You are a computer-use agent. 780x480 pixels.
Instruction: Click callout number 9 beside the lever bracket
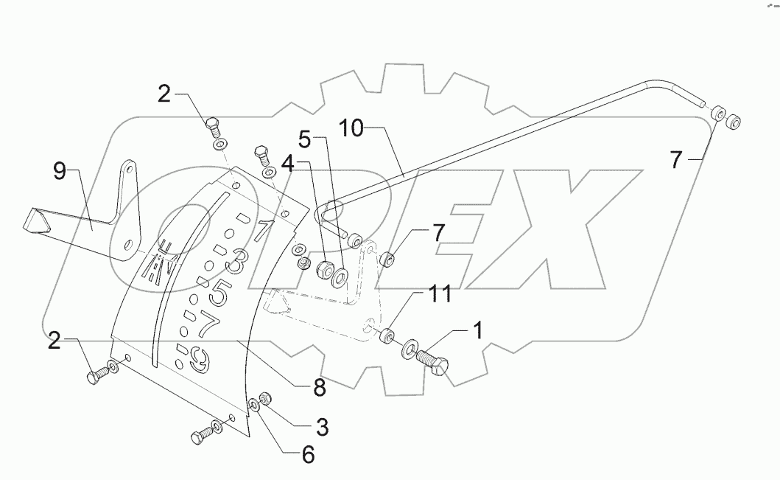click(x=60, y=173)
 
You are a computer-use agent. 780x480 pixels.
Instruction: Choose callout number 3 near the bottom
click(x=322, y=426)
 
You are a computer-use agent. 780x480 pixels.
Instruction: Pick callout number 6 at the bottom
click(x=306, y=455)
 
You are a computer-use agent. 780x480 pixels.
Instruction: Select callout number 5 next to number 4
click(x=305, y=138)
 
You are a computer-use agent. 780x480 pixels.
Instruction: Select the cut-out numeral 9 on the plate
click(x=197, y=361)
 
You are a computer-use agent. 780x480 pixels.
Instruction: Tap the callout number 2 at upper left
click(x=164, y=93)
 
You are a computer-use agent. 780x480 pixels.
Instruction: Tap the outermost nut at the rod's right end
click(x=734, y=122)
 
